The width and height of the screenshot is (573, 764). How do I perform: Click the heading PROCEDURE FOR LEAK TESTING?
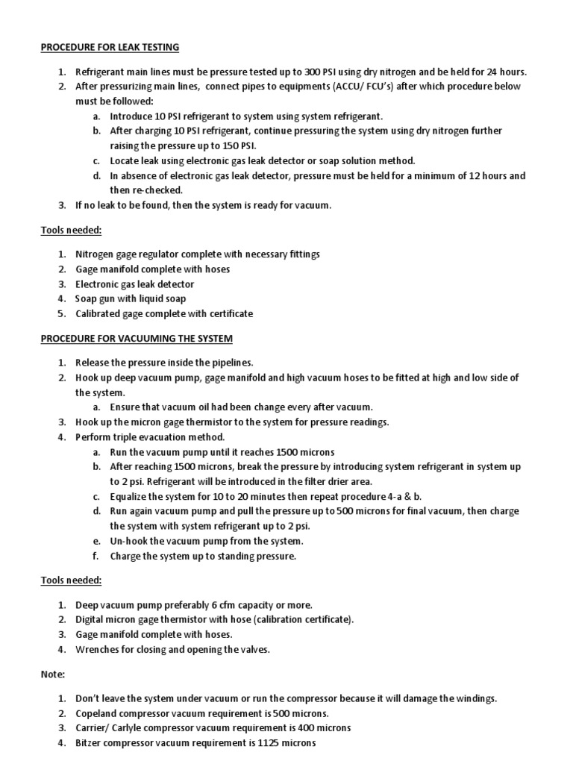pos(110,48)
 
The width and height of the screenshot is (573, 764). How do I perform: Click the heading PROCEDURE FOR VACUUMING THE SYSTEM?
pos(137,339)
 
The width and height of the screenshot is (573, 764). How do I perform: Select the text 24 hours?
pos(507,72)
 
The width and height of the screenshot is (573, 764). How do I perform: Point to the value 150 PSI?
pos(247,145)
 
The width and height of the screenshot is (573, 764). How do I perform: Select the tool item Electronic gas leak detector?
pos(134,284)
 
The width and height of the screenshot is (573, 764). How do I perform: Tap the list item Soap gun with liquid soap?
pos(131,299)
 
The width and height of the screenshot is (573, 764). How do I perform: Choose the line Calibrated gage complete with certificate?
pos(164,314)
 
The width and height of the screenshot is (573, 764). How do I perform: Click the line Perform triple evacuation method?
pos(149,437)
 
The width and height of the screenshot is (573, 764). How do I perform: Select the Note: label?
pos(53,674)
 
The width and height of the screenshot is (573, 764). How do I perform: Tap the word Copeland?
pos(95,713)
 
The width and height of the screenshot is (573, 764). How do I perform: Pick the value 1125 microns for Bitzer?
pos(289,743)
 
